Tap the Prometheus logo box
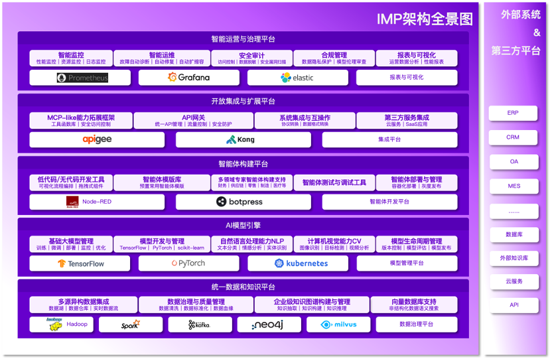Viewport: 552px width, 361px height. point(83,78)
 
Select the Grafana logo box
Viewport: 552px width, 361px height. point(188,78)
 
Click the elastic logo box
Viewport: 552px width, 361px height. point(297,78)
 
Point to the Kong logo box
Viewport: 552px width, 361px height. point(243,139)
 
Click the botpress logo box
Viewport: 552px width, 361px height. point(243,202)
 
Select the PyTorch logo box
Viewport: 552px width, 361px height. point(188,263)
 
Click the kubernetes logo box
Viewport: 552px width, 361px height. point(297,263)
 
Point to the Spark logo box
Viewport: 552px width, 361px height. point(131,325)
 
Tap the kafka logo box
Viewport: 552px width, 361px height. point(199,325)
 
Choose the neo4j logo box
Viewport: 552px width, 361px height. point(269,325)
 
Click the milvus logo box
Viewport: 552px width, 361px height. point(338,325)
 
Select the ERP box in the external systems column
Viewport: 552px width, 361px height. point(513,113)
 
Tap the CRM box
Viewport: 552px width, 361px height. point(513,137)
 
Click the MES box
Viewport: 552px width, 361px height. point(513,186)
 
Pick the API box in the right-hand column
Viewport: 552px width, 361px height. point(513,305)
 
